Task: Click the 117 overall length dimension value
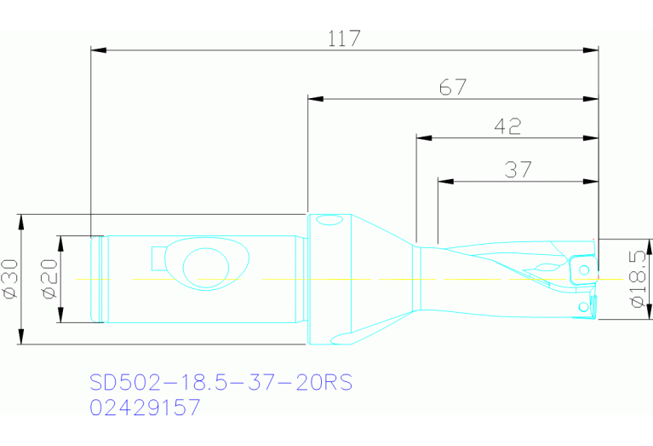tap(344, 38)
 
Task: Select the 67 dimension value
tap(453, 87)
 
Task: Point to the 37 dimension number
tap(518, 170)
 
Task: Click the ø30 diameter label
tap(11, 280)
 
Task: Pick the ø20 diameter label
tap(48, 280)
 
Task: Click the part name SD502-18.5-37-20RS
tap(221, 383)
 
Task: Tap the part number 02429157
tap(145, 408)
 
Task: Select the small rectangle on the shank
tap(158, 257)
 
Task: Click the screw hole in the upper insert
tap(585, 270)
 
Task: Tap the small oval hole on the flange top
tap(329, 221)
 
